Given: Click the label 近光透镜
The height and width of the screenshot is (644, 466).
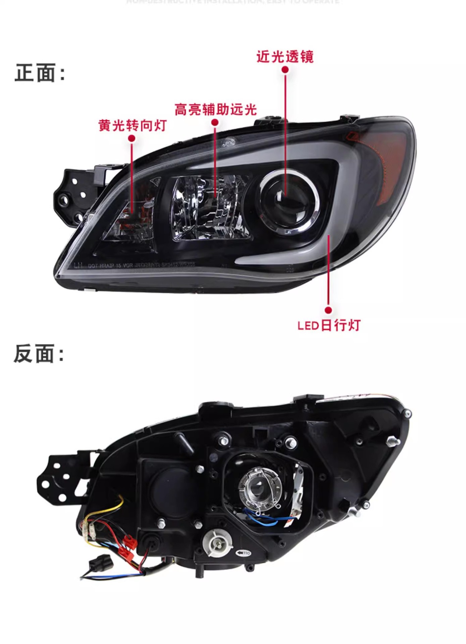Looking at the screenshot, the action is tap(285, 57).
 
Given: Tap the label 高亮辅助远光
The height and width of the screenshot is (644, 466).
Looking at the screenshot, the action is tap(215, 110).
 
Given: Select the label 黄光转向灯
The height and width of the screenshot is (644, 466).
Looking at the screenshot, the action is tap(133, 125).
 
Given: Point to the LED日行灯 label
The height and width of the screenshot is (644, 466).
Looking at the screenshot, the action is tap(329, 325).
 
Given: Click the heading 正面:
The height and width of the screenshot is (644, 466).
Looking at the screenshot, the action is tap(40, 73).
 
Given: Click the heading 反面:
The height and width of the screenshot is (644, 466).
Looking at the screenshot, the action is tap(39, 354).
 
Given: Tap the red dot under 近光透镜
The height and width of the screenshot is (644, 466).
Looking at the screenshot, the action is tap(285, 70).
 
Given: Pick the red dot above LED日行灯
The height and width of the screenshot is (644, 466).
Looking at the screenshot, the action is tap(328, 310).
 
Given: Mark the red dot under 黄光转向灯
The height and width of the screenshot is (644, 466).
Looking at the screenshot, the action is tap(132, 138).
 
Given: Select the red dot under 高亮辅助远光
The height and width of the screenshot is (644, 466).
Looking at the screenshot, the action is tap(215, 122).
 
